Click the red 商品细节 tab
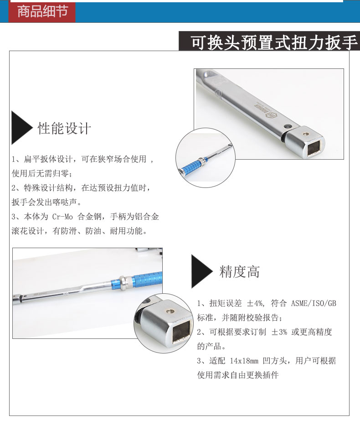coord(42,11)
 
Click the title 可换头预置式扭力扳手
coord(274,42)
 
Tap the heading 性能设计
coord(64,128)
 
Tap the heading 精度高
coord(240,271)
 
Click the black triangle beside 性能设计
coord(21,128)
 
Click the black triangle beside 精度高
coord(201,271)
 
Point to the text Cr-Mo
coord(62,217)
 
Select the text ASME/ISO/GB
coord(314,303)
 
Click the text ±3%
coord(279,332)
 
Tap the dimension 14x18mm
coord(244,361)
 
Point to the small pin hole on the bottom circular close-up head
coord(170,311)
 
